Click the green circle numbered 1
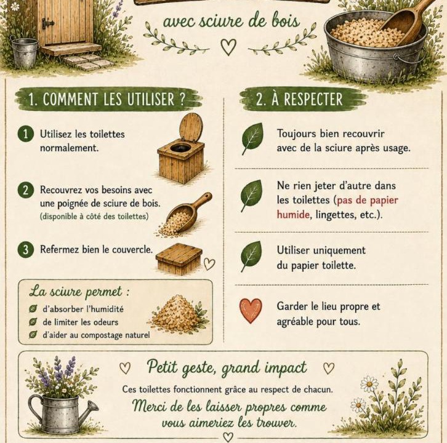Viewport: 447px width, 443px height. point(26,134)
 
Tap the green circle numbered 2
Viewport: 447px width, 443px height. point(26,190)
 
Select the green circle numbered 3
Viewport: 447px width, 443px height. point(26,249)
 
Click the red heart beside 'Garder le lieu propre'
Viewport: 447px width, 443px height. point(251,310)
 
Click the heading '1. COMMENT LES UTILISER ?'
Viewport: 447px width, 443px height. point(107,99)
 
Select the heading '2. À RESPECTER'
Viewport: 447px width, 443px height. point(299,99)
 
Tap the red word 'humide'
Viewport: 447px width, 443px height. point(293,215)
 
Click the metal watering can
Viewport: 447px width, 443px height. point(62,413)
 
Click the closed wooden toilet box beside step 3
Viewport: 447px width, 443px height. point(179,258)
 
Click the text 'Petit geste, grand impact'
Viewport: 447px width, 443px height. point(227,367)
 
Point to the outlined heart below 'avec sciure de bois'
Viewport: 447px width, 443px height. point(228,47)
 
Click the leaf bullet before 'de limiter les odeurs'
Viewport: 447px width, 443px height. point(33,322)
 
